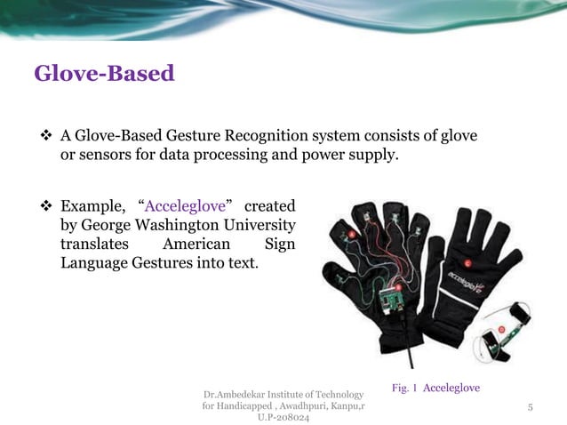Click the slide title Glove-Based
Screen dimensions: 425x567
point(104,73)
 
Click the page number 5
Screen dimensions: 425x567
point(530,407)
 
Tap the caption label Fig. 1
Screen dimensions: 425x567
point(404,389)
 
